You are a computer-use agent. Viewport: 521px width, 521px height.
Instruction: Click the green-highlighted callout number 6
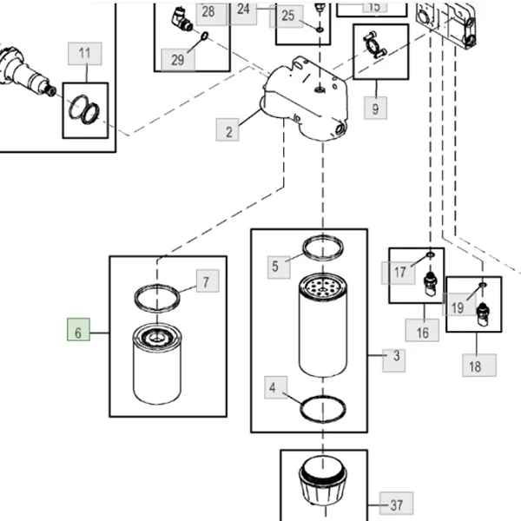click(x=78, y=333)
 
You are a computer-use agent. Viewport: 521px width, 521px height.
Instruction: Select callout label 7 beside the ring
click(x=206, y=282)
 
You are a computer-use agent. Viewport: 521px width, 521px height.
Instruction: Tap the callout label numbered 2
click(x=229, y=132)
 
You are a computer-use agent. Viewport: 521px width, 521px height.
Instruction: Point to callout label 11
click(x=84, y=54)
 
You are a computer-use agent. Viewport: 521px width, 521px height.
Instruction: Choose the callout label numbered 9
click(x=375, y=109)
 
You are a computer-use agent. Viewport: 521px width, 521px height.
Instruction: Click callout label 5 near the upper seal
click(x=275, y=267)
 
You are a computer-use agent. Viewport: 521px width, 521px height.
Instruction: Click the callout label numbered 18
click(x=474, y=366)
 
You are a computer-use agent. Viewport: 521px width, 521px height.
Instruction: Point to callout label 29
click(x=178, y=60)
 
